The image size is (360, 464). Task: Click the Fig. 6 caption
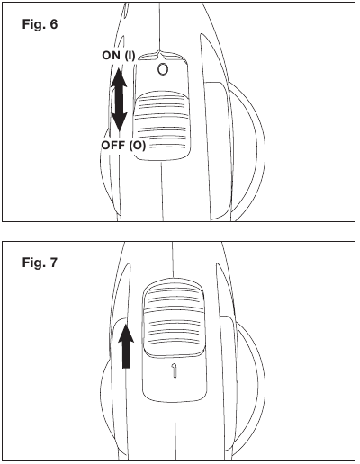[40, 24]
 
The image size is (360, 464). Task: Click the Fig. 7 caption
[40, 263]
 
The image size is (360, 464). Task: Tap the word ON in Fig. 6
[112, 56]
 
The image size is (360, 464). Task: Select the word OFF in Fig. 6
[113, 146]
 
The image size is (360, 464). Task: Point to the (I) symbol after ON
[130, 56]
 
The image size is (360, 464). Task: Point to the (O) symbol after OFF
[138, 146]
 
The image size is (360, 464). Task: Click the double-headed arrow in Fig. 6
[119, 100]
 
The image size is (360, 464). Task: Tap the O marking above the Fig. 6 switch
[163, 69]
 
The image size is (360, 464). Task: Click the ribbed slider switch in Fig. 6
[162, 125]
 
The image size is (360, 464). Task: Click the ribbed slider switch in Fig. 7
[174, 317]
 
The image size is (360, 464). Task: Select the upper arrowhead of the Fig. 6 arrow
[119, 77]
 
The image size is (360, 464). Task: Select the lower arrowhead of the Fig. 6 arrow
[119, 122]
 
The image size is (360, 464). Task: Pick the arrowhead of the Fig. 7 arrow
[126, 333]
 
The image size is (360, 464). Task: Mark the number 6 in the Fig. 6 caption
[54, 24]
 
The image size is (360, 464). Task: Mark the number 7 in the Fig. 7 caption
[53, 263]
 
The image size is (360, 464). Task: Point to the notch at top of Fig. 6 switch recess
[160, 55]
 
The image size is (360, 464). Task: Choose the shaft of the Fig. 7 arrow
[126, 355]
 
